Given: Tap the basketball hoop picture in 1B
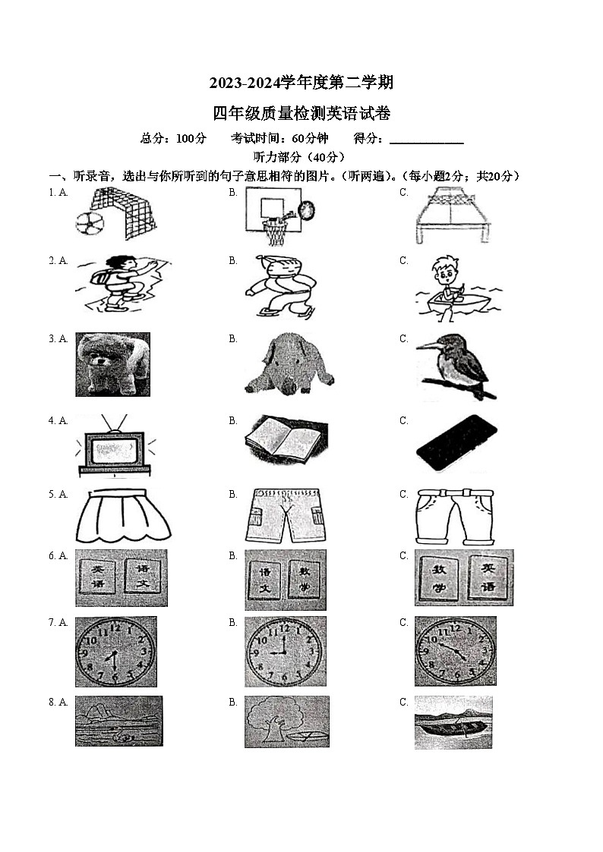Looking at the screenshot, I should pos(279,215).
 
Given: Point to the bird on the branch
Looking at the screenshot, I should pos(456,366).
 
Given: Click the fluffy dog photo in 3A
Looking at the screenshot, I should pos(112,364).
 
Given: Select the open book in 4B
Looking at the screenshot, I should pos(286,440).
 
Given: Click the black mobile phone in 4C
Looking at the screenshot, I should pos(456,443).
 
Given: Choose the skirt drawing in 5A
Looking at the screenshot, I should pos(123,515).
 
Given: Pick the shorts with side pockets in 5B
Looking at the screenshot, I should pos(285,515).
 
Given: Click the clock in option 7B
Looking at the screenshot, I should pos(285,651).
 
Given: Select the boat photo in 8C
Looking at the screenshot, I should pos(453,722).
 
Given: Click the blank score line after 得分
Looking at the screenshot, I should pos(426,140).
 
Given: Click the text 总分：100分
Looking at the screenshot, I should pos(173,138).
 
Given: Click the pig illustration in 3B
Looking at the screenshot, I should pos(289,364).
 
